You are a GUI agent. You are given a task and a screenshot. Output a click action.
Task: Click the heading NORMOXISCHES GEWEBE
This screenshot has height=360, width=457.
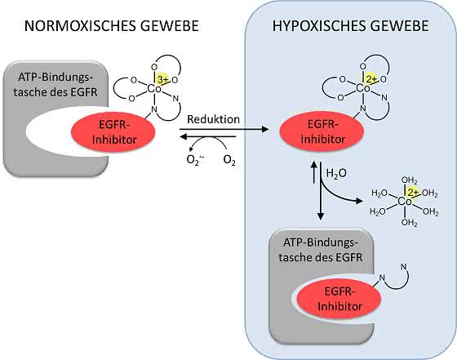(x=111, y=25)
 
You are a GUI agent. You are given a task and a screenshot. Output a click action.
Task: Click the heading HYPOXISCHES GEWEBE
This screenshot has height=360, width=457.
(x=351, y=25)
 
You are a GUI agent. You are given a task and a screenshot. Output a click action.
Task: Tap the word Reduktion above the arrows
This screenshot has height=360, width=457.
(x=213, y=119)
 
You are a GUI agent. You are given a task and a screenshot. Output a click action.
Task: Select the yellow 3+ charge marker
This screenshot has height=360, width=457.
(x=162, y=79)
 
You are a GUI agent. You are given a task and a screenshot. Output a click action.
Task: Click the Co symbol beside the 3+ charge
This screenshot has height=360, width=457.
(x=154, y=89)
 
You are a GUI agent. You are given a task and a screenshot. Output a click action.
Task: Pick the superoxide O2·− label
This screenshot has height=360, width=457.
(x=195, y=160)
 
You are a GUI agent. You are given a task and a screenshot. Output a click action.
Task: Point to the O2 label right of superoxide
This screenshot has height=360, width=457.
(x=229, y=160)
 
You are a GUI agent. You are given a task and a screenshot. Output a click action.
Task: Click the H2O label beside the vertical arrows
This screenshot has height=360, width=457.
(x=336, y=173)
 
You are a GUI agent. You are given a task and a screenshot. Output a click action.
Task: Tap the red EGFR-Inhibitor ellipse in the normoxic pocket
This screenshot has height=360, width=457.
(x=113, y=131)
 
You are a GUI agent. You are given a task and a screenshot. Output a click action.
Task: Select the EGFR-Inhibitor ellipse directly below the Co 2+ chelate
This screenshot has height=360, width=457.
(x=322, y=131)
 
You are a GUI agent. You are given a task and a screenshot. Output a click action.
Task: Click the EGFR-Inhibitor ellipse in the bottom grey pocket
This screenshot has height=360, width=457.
(x=339, y=299)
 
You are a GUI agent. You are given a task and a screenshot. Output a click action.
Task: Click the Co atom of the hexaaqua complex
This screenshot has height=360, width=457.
(x=405, y=201)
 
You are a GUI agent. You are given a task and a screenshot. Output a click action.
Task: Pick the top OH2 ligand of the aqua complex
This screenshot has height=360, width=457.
(x=410, y=180)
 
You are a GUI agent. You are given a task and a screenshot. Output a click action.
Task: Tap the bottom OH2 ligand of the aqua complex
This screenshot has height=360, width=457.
(x=410, y=223)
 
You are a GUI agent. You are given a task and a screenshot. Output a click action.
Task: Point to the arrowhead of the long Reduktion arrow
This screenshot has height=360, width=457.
(x=265, y=129)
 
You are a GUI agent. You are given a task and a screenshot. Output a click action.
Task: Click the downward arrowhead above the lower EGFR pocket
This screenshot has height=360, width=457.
(x=321, y=216)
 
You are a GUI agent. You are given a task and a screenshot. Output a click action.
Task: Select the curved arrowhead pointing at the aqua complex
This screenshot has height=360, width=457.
(x=359, y=201)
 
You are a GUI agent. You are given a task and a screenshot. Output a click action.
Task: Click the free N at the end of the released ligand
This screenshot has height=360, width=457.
(x=404, y=266)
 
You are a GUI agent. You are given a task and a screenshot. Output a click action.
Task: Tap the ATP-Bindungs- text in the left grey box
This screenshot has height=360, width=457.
(x=55, y=78)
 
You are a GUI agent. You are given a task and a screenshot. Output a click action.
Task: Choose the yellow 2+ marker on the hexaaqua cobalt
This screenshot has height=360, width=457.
(x=413, y=192)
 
